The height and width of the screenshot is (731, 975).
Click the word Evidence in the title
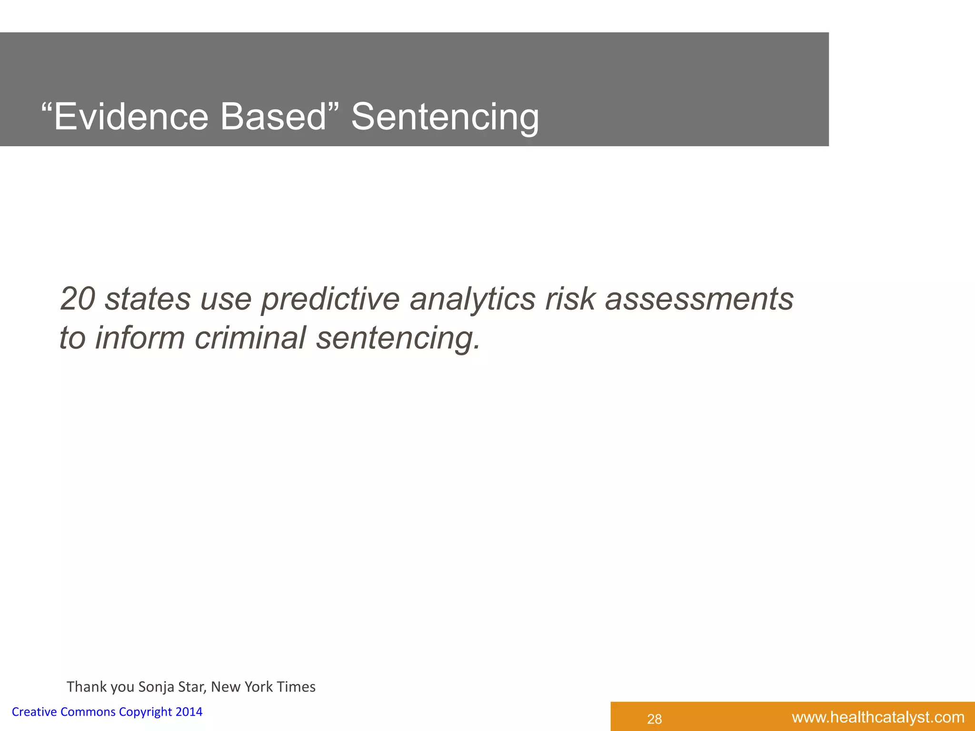click(x=131, y=117)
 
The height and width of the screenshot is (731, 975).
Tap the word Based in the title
click(x=273, y=117)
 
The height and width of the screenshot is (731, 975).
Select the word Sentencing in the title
click(x=445, y=118)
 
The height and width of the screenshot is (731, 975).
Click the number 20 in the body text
click(x=78, y=299)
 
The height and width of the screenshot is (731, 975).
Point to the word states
click(x=147, y=299)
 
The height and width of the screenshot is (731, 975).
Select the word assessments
click(x=699, y=299)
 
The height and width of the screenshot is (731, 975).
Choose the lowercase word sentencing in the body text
click(x=398, y=338)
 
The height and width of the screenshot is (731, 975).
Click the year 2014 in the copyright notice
click(x=189, y=711)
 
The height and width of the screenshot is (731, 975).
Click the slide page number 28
click(x=655, y=719)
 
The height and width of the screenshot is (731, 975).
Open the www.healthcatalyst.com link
click(x=878, y=717)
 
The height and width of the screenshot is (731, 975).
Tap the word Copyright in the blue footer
click(x=145, y=712)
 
